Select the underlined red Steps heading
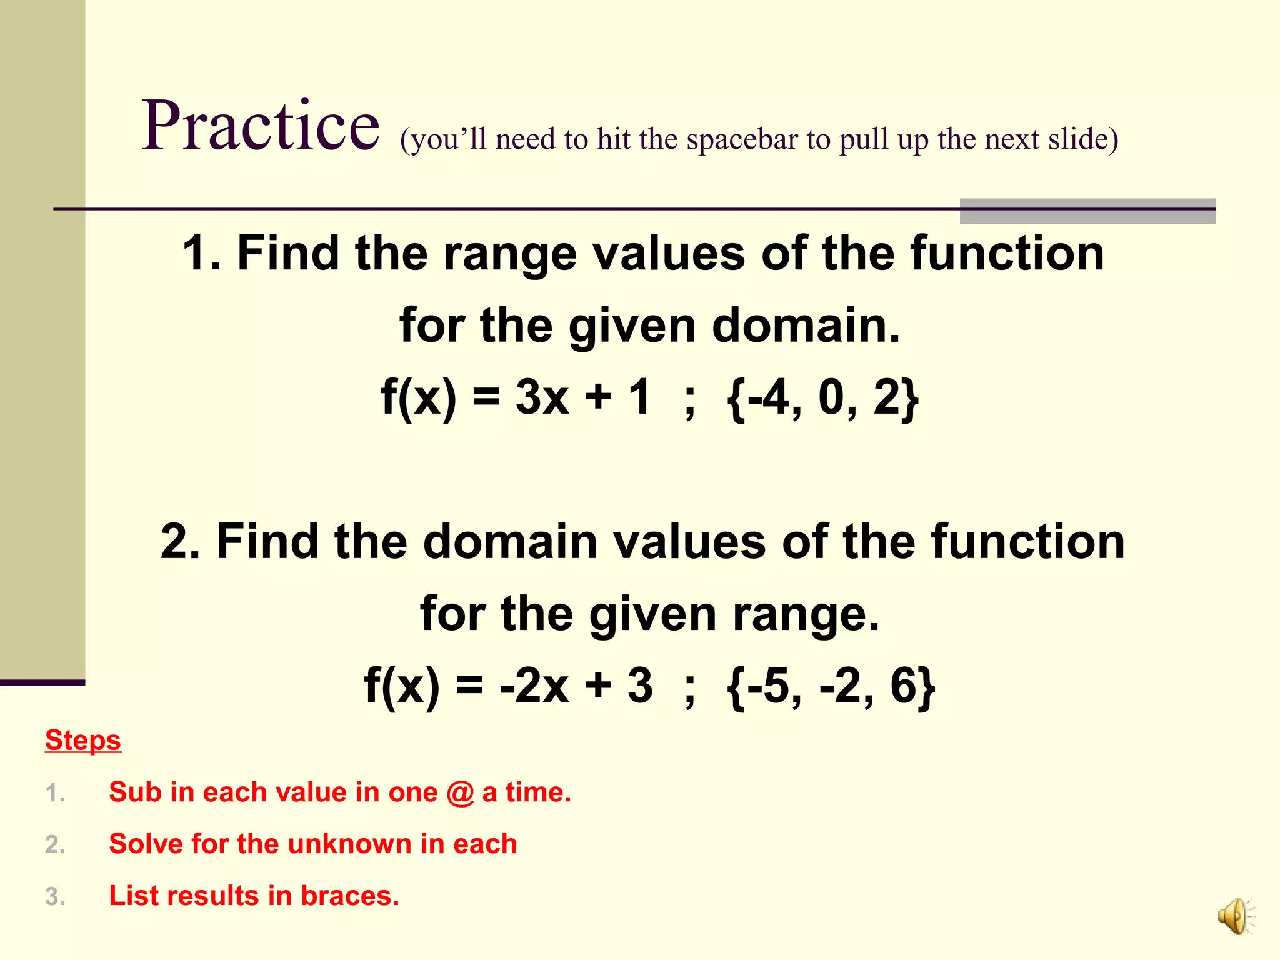point(83,741)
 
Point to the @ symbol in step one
point(460,792)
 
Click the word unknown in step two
point(349,844)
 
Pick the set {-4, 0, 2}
point(822,398)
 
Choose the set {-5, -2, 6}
point(831,686)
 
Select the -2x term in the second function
point(534,686)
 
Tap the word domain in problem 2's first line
point(509,542)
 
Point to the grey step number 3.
point(55,896)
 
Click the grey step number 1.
point(55,793)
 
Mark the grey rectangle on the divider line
point(1087,211)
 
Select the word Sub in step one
point(135,792)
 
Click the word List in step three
point(131,896)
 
